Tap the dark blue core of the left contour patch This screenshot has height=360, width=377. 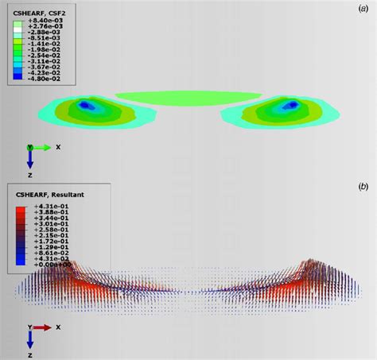(x=88, y=104)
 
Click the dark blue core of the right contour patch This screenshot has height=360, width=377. (x=286, y=104)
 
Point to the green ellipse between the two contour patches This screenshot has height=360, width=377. (x=187, y=98)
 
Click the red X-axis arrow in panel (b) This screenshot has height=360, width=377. (x=42, y=327)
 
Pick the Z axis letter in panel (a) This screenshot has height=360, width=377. (x=29, y=174)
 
